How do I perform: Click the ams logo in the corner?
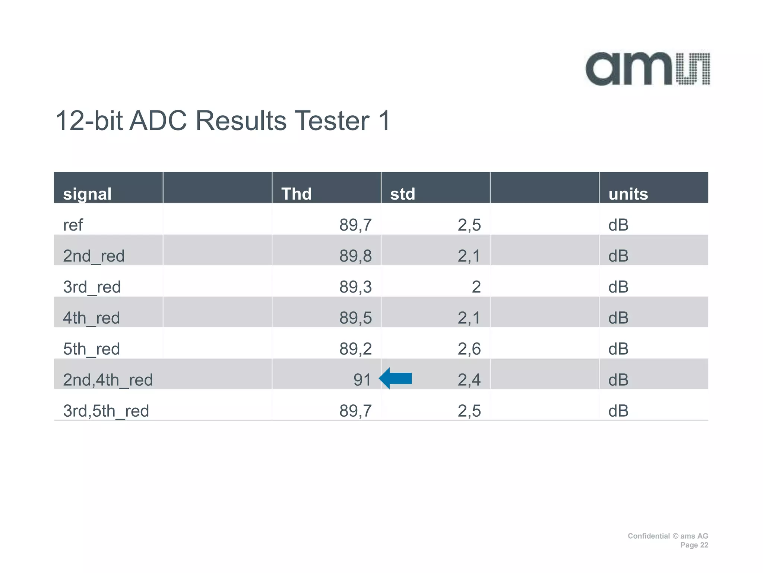pos(648,69)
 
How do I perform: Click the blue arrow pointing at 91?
pos(396,378)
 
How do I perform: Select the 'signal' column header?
pos(87,194)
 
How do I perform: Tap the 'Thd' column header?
pos(296,194)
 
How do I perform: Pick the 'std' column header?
pos(402,194)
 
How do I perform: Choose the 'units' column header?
pos(628,194)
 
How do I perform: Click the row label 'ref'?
pos(73,225)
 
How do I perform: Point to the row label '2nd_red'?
pos(94,256)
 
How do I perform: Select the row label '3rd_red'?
pos(92,287)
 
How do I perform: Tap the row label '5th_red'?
pos(92,349)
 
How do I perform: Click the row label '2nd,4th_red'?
pos(108,380)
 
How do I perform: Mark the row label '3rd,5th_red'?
pos(106,411)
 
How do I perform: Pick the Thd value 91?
pos(362,380)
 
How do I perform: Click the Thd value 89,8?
pos(355,256)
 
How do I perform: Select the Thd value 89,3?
pos(355,287)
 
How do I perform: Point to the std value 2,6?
pos(469,349)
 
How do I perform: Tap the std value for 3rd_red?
pos(476,287)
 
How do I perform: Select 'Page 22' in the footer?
pos(694,545)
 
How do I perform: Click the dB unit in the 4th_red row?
pos(618,318)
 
